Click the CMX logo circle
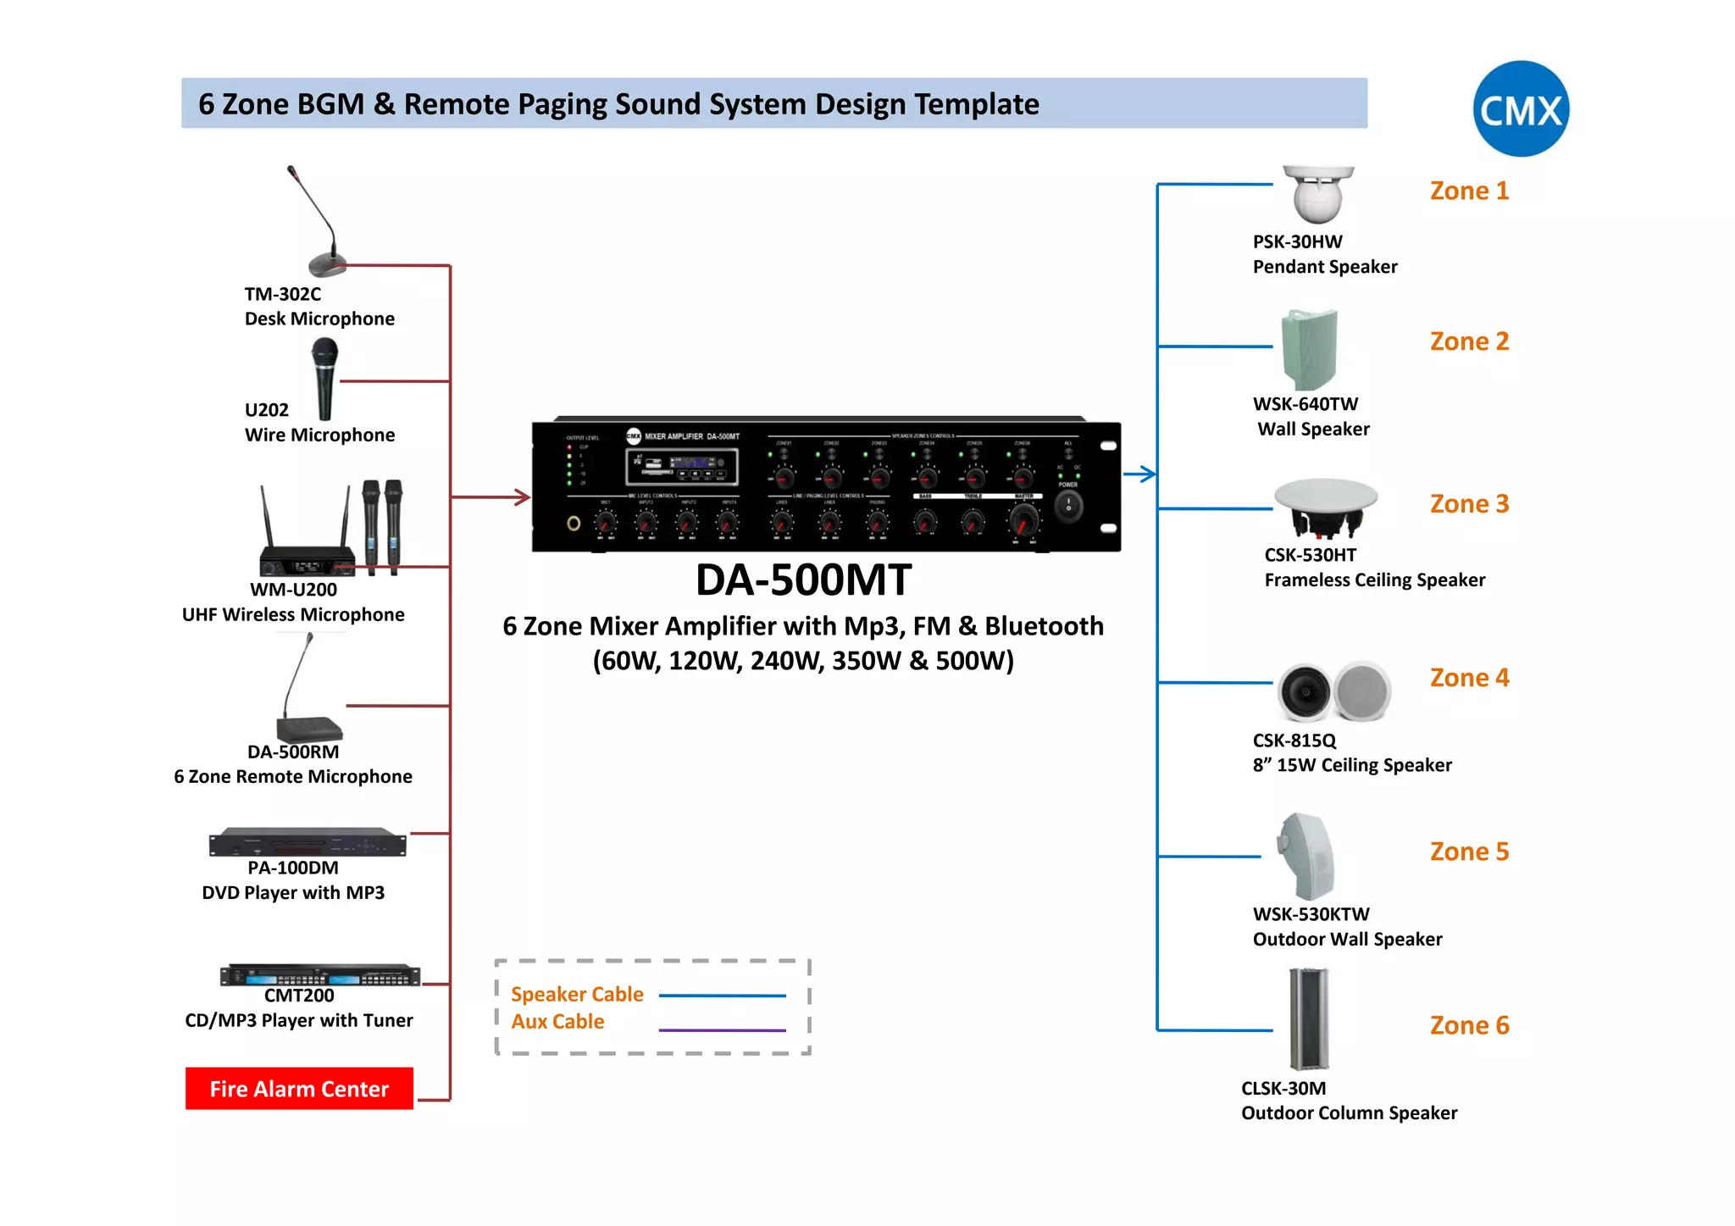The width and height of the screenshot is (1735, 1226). tap(1521, 108)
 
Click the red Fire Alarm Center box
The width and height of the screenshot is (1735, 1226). tap(299, 1088)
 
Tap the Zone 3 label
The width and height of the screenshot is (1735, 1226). tap(1469, 504)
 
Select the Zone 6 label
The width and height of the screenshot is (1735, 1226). tap(1469, 1025)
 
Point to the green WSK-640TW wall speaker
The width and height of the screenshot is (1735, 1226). tap(1309, 349)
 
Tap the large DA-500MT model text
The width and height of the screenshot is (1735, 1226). tap(803, 580)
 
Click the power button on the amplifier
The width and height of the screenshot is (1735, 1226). tap(1068, 507)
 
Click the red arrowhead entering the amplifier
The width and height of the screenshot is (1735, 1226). tap(521, 497)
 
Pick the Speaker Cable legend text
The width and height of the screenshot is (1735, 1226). tap(577, 994)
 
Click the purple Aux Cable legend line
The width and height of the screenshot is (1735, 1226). tap(722, 1030)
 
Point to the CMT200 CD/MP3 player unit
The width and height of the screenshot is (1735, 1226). tap(320, 975)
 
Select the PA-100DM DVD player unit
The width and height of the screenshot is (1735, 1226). tap(308, 843)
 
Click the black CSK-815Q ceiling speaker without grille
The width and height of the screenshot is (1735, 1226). tap(1305, 691)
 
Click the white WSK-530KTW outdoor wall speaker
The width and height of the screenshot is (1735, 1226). tap(1307, 856)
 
